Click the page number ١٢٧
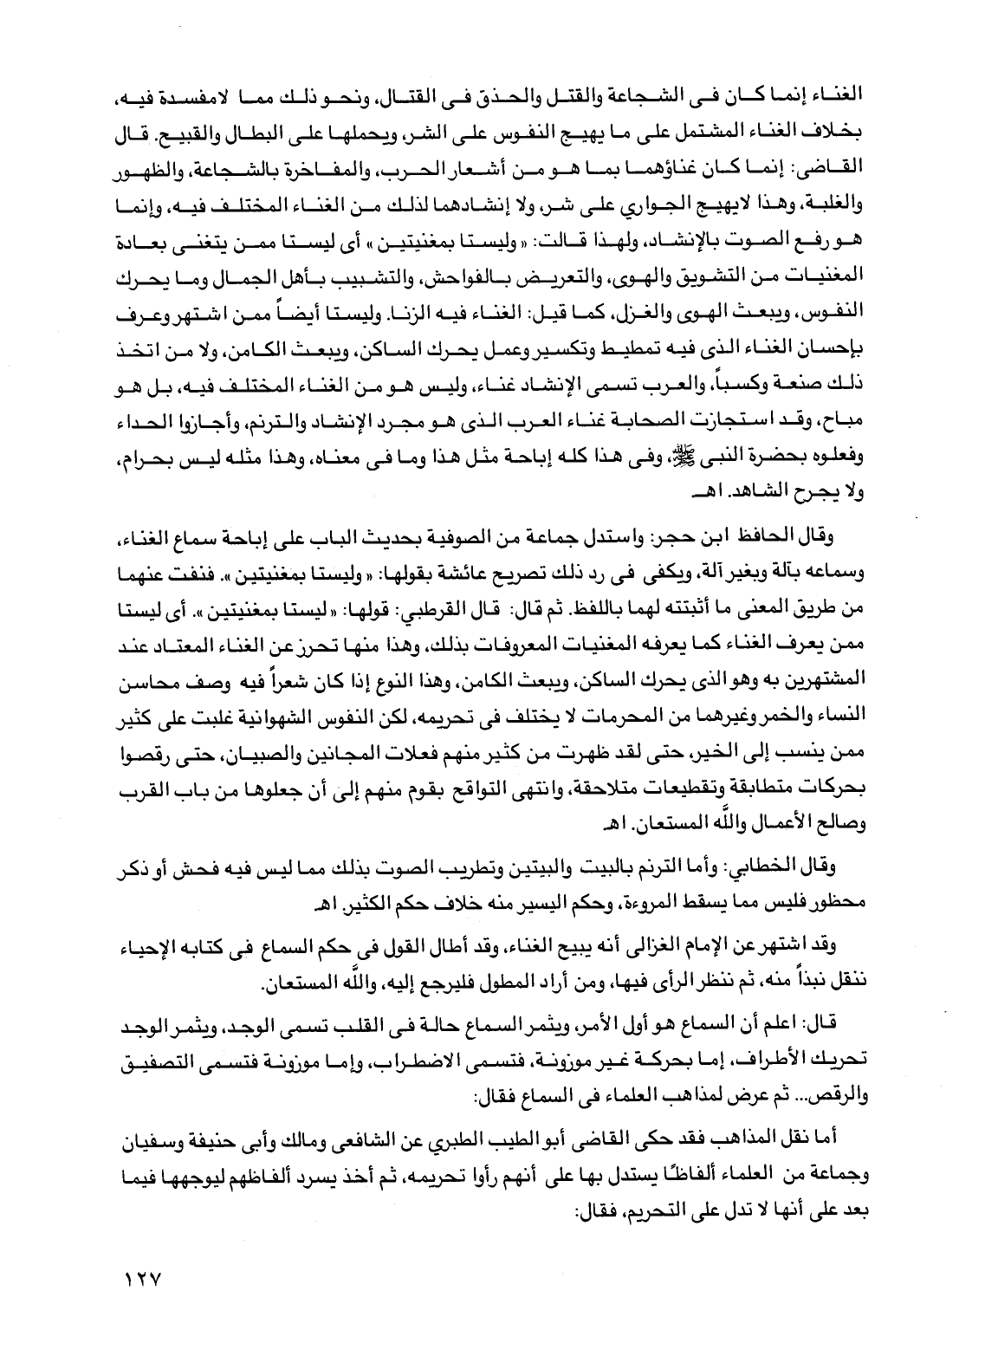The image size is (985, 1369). click(144, 1278)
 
